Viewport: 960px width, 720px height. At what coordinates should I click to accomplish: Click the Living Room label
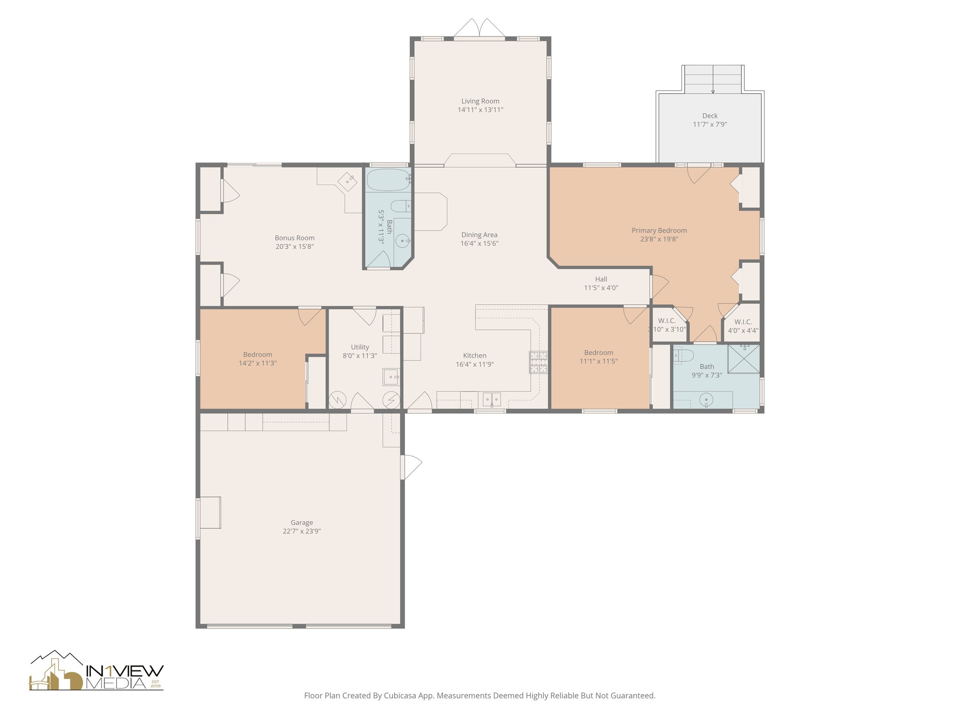tap(480, 101)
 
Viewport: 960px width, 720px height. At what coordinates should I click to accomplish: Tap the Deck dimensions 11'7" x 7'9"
tap(710, 125)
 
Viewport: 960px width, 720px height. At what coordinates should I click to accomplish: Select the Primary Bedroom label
tap(659, 230)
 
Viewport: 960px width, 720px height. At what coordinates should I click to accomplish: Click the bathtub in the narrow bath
tap(388, 180)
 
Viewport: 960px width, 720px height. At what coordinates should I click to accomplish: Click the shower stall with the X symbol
tap(743, 359)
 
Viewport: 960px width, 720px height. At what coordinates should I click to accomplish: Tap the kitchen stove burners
tap(539, 362)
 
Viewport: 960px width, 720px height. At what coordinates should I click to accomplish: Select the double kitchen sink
tap(492, 399)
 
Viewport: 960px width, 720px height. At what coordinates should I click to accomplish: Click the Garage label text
tap(301, 522)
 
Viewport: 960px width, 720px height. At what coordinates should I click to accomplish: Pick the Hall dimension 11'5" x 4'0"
tap(601, 288)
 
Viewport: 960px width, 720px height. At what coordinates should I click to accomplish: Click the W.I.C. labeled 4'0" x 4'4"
tap(743, 326)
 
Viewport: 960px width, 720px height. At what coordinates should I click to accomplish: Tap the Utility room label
tap(360, 347)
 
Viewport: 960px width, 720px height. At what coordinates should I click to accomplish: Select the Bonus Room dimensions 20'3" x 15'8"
tap(294, 247)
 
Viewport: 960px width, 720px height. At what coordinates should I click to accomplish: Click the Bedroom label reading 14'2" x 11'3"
tap(257, 359)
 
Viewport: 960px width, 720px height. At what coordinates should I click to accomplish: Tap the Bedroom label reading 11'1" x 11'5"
tap(599, 357)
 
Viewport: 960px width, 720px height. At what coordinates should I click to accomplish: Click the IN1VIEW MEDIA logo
tap(97, 671)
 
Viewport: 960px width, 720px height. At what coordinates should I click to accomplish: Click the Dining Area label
tap(479, 235)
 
